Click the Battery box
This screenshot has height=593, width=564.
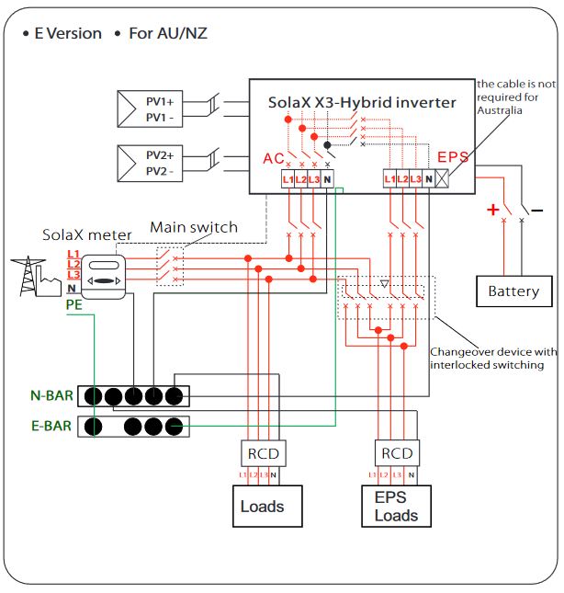(513, 291)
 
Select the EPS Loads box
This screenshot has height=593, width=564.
(396, 506)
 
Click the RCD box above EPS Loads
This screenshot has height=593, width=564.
(397, 453)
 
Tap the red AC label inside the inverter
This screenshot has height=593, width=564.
(274, 158)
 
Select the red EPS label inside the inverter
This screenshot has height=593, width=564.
(453, 158)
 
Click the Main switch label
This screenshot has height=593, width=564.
(194, 227)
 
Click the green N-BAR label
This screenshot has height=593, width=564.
(51, 396)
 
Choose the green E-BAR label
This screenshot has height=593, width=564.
(51, 426)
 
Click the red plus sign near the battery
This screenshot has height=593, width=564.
(493, 210)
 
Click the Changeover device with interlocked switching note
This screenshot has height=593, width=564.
(492, 359)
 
